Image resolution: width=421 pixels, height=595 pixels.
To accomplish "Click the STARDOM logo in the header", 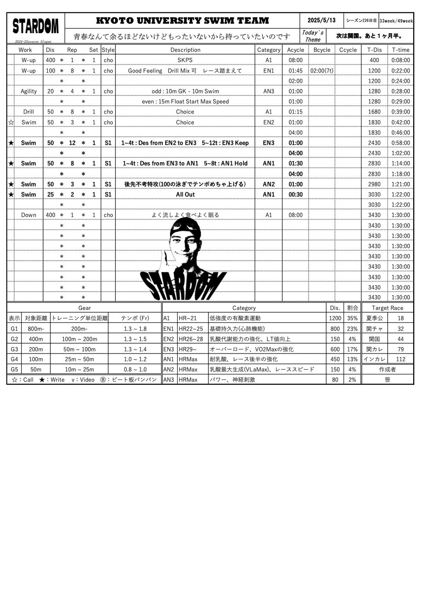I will click(x=36, y=27).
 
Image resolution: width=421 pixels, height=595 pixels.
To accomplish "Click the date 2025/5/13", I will click(x=322, y=20).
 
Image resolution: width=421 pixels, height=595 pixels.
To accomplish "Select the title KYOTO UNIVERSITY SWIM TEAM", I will click(x=182, y=20).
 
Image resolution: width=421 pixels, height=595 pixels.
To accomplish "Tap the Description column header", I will click(x=185, y=50).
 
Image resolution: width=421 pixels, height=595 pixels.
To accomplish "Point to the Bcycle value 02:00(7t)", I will click(x=322, y=71).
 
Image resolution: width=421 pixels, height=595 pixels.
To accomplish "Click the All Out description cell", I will click(x=185, y=194).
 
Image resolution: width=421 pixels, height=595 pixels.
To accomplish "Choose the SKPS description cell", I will click(x=185, y=60).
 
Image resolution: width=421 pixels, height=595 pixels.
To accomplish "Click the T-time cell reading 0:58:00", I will click(x=401, y=143).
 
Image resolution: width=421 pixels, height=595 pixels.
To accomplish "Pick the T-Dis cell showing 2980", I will click(x=374, y=184).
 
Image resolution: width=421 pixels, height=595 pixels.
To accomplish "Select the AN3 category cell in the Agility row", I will click(x=268, y=91).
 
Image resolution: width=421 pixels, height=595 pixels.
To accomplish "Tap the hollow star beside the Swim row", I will click(x=11, y=122).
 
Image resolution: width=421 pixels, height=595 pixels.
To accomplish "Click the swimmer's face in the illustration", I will click(x=185, y=244).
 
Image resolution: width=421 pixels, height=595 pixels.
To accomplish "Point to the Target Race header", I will click(x=387, y=308).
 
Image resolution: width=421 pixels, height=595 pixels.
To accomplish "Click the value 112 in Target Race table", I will click(x=401, y=359).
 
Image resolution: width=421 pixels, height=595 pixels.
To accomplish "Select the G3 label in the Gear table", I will click(x=14, y=349).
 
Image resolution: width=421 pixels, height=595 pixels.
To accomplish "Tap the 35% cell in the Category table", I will click(x=352, y=318).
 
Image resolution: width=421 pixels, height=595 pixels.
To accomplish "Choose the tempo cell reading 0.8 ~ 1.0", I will click(x=135, y=369).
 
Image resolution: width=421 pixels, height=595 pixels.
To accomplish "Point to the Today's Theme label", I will click(x=313, y=36).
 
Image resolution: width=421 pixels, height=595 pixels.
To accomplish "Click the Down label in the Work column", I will click(x=29, y=215).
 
